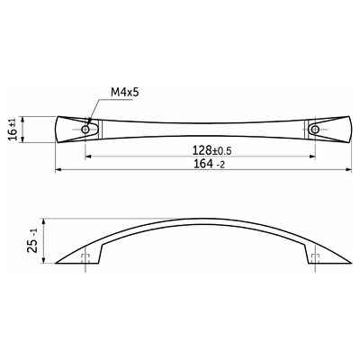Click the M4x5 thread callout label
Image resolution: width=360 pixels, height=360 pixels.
point(125,92)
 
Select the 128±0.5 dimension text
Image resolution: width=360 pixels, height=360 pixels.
point(212,150)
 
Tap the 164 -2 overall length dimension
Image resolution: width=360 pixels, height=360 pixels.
point(210,164)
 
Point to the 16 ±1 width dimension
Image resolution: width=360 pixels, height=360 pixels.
point(13,130)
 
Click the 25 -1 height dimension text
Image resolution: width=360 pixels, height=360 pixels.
point(33,240)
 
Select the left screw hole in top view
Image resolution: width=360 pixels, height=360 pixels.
point(85,130)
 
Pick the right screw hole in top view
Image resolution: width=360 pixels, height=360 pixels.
point(315,130)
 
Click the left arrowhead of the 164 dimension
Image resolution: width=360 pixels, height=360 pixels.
point(58,170)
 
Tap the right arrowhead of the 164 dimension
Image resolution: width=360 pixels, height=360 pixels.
point(348,170)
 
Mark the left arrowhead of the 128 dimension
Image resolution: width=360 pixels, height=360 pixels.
point(88,157)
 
